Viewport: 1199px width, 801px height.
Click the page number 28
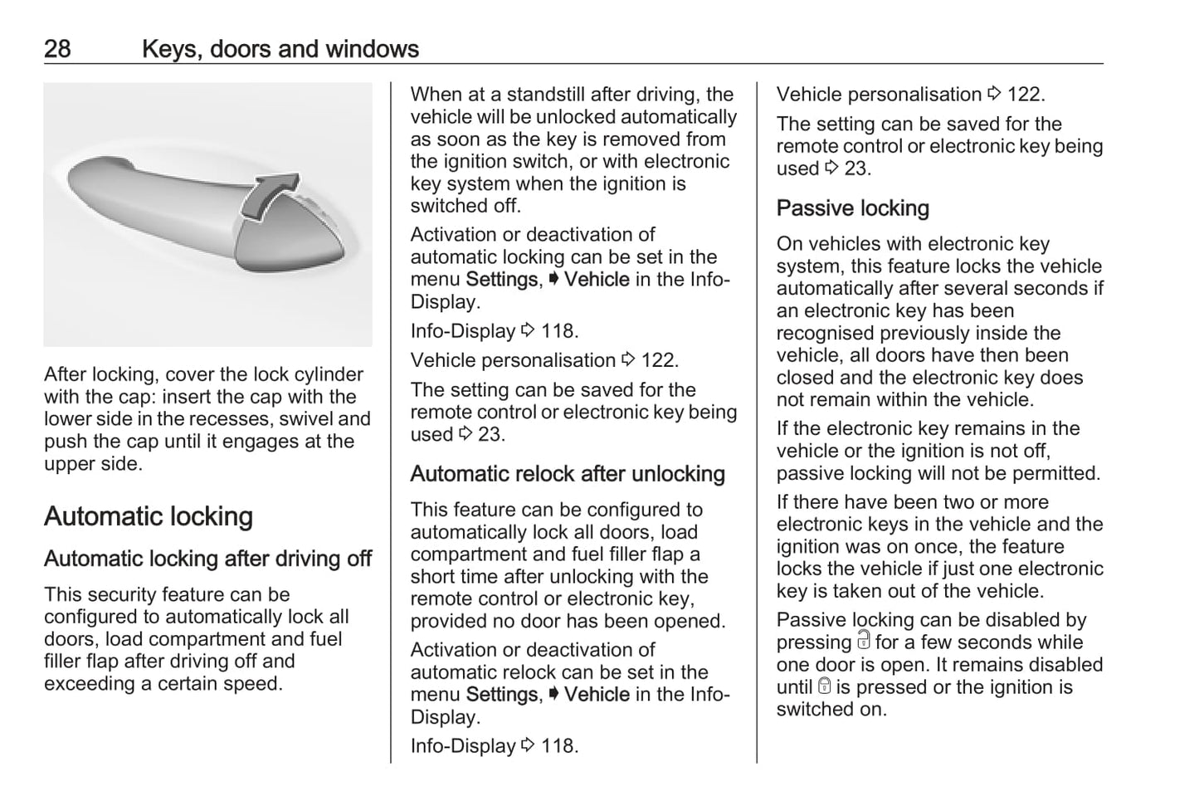point(57,49)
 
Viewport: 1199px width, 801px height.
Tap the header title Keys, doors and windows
point(280,49)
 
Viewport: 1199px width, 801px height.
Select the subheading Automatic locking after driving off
point(207,559)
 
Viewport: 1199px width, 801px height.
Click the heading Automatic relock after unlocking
point(568,474)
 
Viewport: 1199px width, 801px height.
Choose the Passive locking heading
point(852,208)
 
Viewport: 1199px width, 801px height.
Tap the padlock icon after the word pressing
point(864,641)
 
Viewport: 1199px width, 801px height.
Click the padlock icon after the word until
point(824,686)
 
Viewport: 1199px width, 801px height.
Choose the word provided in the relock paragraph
point(449,621)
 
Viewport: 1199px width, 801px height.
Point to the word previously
point(928,333)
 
